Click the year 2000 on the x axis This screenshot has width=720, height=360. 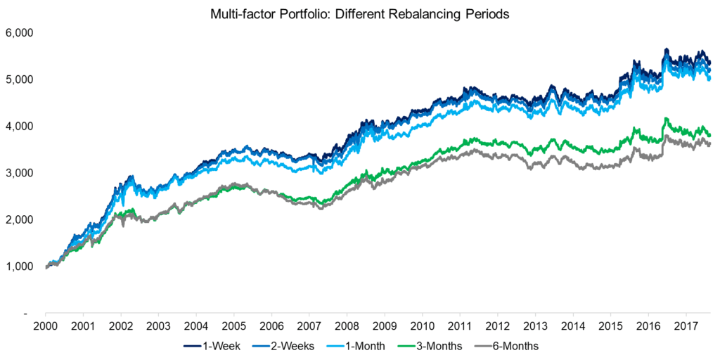[x=45, y=326]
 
